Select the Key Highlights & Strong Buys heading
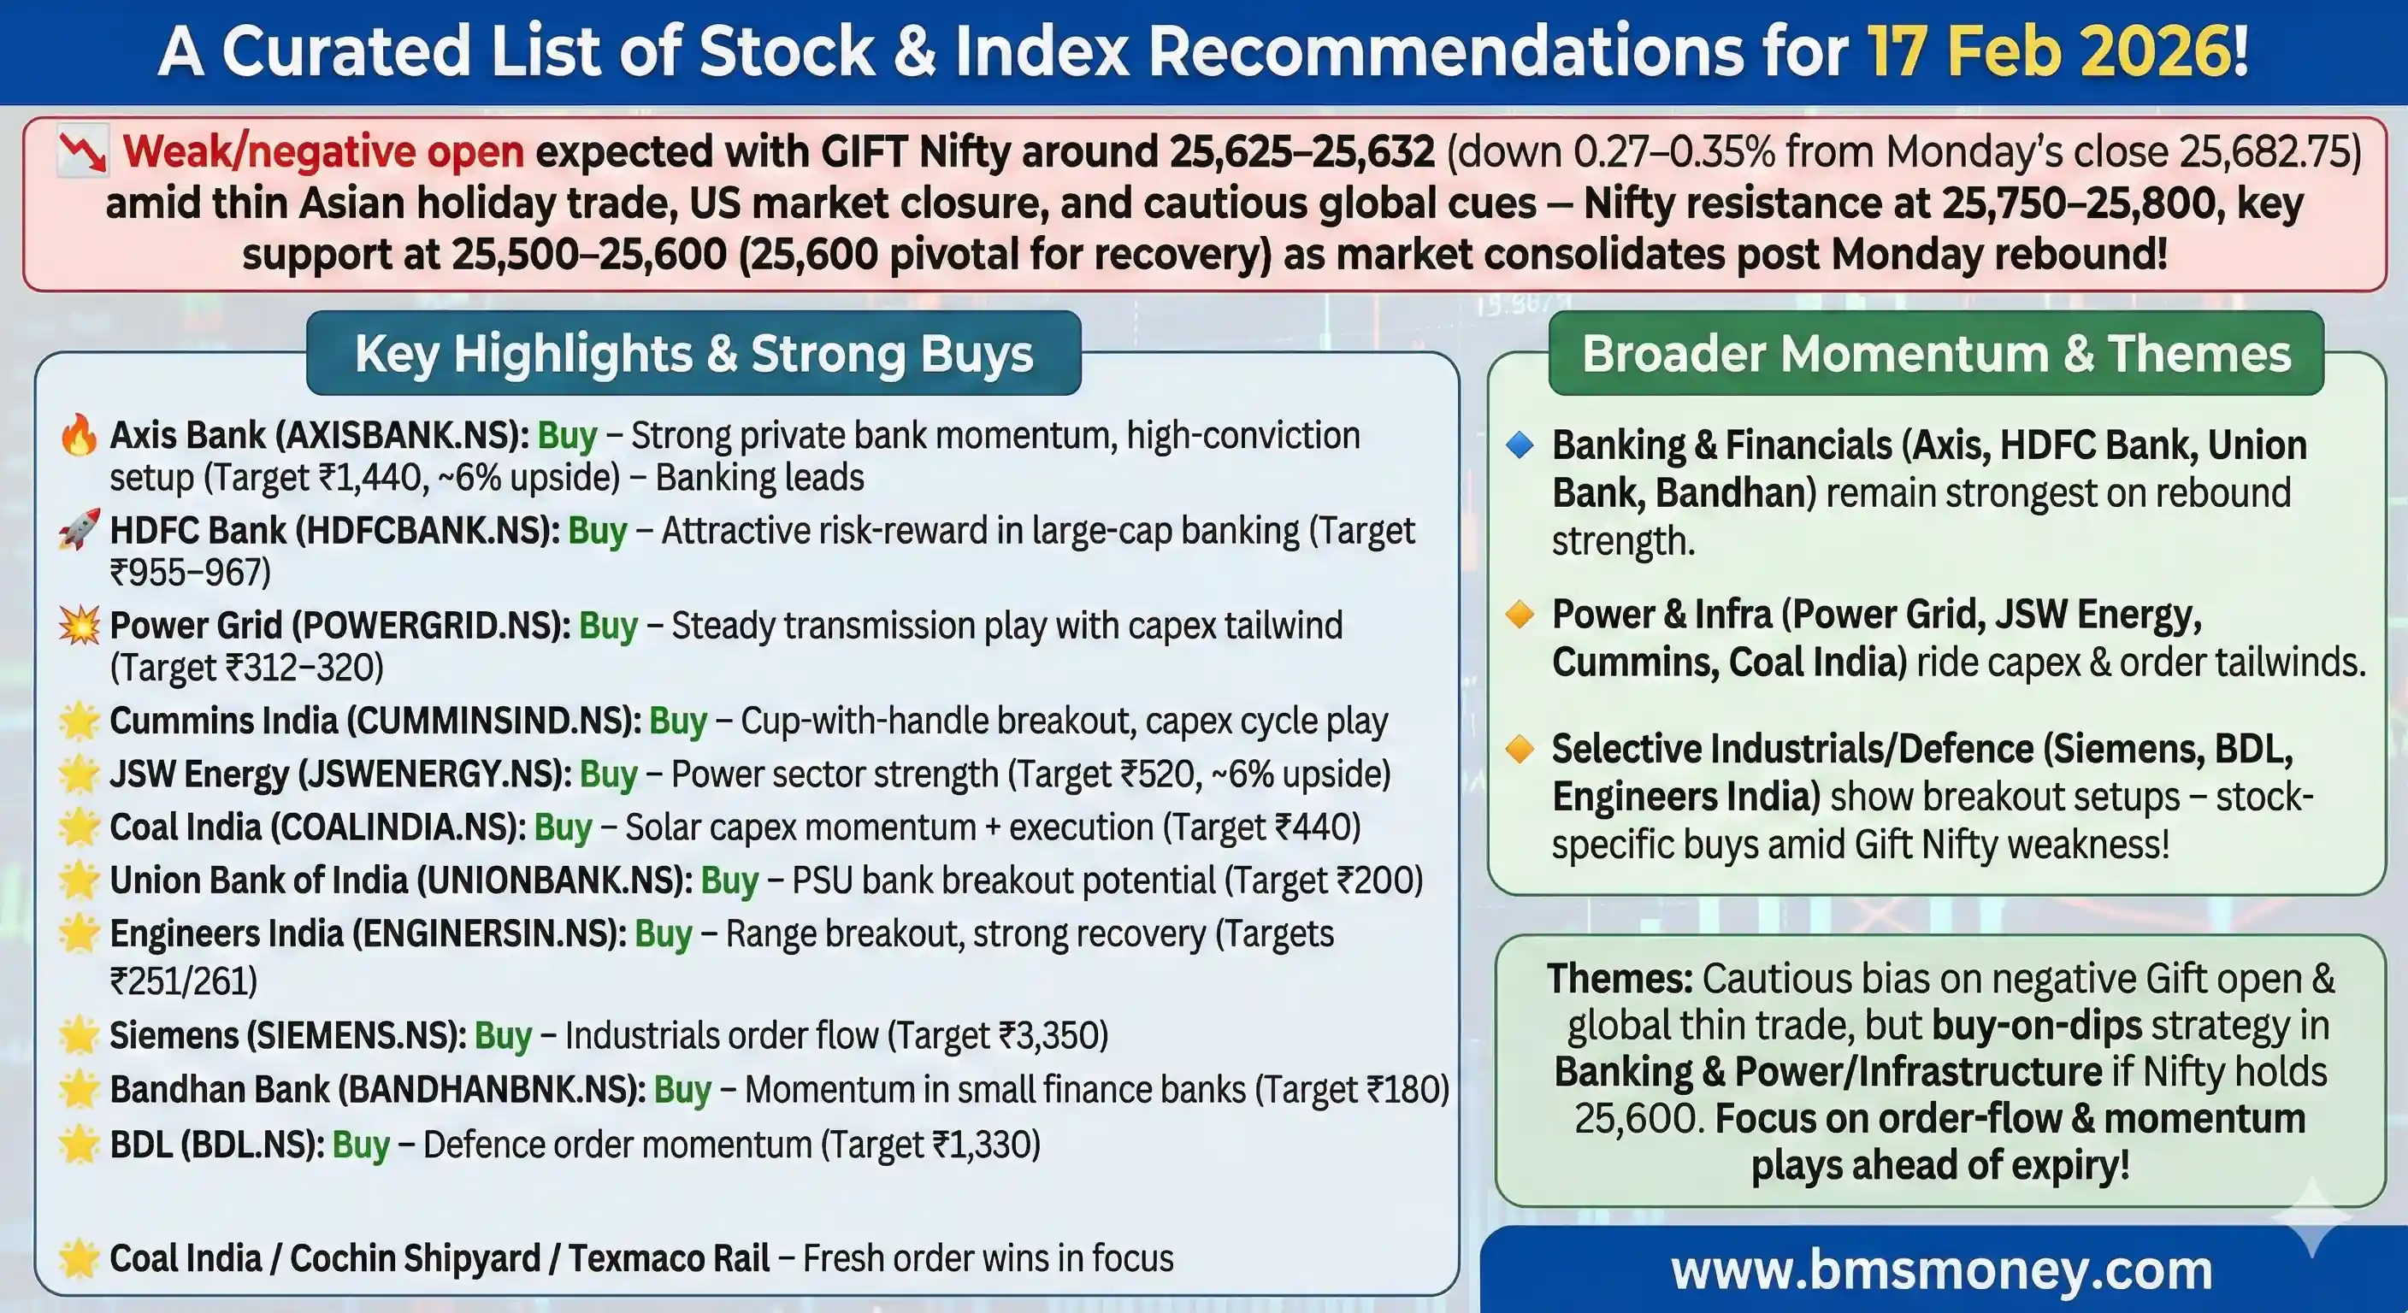tap(693, 353)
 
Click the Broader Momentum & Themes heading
tap(1936, 353)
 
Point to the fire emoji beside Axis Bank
tap(79, 435)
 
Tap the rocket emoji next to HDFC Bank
tap(79, 530)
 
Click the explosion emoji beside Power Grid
tap(79, 625)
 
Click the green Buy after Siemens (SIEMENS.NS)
tap(503, 1035)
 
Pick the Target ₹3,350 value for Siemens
tap(996, 1035)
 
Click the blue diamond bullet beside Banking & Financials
tap(1520, 445)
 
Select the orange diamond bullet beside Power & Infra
tap(1520, 615)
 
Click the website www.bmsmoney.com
tap(1942, 1271)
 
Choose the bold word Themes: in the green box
tap(1620, 979)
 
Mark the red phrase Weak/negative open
tap(323, 152)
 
